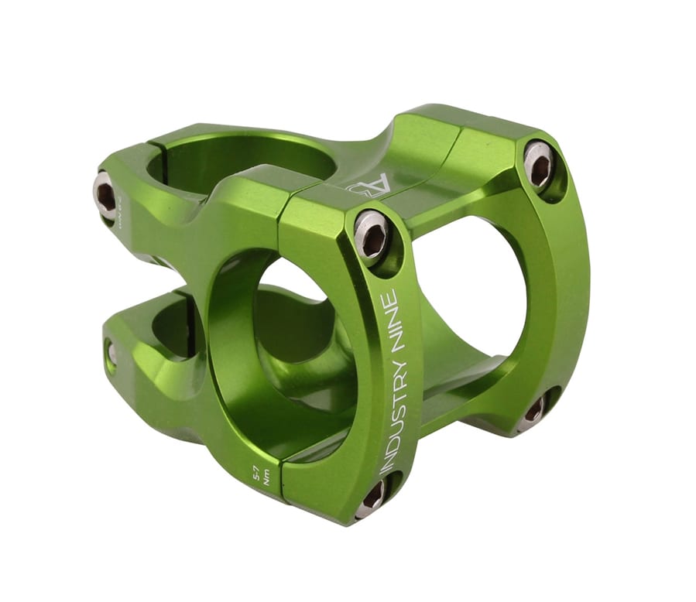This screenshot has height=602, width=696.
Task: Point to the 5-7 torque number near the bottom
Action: [x=255, y=469]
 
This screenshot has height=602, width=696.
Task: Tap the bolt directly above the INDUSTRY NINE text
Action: [x=372, y=234]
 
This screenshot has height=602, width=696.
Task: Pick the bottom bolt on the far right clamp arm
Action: [x=535, y=409]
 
